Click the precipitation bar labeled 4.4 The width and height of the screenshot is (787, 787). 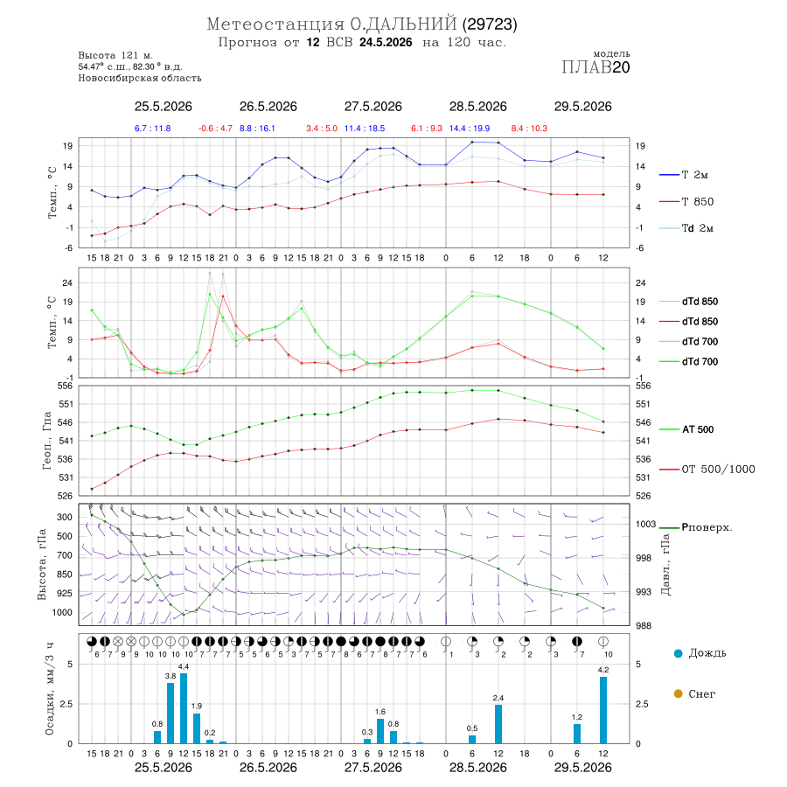pyautogui.click(x=184, y=708)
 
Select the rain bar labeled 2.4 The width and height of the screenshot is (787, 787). pyautogui.click(x=498, y=724)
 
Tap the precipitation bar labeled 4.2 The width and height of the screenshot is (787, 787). pyautogui.click(x=603, y=710)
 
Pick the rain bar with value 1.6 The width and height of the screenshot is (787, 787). pyautogui.click(x=380, y=731)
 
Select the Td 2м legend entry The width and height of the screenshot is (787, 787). pyautogui.click(x=686, y=228)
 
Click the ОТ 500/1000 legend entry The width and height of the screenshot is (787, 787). pyautogui.click(x=707, y=470)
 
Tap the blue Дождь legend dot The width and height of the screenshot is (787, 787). pyautogui.click(x=679, y=653)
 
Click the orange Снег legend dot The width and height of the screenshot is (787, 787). pyautogui.click(x=679, y=693)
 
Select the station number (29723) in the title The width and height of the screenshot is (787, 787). pyautogui.click(x=490, y=24)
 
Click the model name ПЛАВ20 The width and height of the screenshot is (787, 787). pyautogui.click(x=595, y=67)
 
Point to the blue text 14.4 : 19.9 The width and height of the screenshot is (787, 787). pyautogui.click(x=470, y=129)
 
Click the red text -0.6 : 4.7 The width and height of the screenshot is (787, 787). pyautogui.click(x=215, y=129)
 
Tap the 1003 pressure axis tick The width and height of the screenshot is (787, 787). pyautogui.click(x=646, y=524)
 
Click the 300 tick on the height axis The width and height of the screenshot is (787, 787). pyautogui.click(x=64, y=518)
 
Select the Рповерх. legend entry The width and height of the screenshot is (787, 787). pyautogui.click(x=696, y=527)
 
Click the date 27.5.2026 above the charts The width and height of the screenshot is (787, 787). pyautogui.click(x=373, y=107)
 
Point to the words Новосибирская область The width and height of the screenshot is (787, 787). pyautogui.click(x=140, y=79)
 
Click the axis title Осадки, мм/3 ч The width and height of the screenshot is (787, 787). pyautogui.click(x=50, y=689)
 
